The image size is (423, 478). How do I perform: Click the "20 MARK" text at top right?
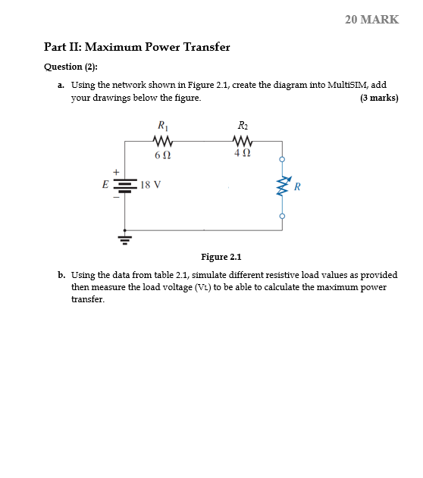pos(371,20)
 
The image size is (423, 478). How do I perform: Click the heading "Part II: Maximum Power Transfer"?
pos(137,47)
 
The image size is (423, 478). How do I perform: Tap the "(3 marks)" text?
pos(379,98)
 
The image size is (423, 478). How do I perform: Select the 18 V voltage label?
pos(151,184)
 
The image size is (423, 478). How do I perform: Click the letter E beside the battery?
pos(106,184)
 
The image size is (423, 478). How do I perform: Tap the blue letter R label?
pos(298,186)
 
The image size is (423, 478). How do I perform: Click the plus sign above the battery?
pos(116,171)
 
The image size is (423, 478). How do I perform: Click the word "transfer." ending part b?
pos(88,299)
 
